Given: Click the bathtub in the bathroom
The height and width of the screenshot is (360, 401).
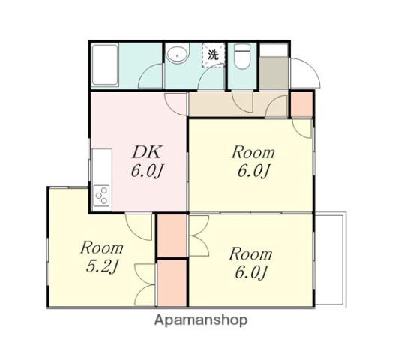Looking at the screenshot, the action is tap(105, 65).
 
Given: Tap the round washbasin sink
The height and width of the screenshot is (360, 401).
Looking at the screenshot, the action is tap(177, 53).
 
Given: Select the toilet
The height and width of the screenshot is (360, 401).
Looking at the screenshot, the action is tap(242, 56).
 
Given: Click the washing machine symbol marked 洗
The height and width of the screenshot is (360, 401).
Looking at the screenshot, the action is tap(214, 55).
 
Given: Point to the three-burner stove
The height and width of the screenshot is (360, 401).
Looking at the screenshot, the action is tap(101, 196).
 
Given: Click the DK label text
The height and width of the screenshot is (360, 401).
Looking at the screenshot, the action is tap(147, 152).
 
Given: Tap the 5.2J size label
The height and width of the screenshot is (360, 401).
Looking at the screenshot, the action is tap(101, 268).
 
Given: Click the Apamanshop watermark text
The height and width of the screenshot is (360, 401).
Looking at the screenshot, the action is tap(201, 320).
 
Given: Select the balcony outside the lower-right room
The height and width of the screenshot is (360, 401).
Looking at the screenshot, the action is tap(329, 259).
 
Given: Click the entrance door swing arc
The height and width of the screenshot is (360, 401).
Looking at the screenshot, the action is tap(313, 67).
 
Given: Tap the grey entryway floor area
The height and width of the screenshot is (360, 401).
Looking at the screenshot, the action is tap(274, 73).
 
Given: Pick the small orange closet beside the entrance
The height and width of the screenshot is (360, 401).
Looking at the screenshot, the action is tap(302, 105).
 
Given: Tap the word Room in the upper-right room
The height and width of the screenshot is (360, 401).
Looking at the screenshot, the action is tap(253, 152).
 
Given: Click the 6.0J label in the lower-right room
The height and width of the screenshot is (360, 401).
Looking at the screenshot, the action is tap(251, 272).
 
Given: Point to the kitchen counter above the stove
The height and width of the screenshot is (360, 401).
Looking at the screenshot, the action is tap(102, 166).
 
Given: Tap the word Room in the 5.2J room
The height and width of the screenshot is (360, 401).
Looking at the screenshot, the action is tap(102, 248).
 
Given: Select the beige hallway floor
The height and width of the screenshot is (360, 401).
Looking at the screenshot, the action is tap(238, 104).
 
